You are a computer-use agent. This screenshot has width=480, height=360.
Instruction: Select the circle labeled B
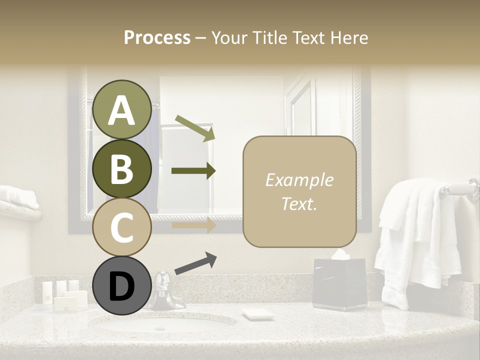pos(122,168)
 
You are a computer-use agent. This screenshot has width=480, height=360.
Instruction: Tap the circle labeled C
pos(122,227)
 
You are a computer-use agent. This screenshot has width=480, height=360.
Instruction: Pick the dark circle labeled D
pos(122,286)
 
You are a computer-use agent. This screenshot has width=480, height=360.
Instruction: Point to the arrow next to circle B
pos(193,171)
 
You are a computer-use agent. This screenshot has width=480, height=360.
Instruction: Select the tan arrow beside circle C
pos(193,225)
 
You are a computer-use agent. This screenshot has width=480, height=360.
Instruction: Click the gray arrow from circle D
pos(195,263)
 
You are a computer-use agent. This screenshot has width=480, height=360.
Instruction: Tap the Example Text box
pos(299,191)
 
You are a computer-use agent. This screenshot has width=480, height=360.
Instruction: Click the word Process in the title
pos(157,37)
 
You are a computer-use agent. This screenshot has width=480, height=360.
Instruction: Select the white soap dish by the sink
pos(257,314)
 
